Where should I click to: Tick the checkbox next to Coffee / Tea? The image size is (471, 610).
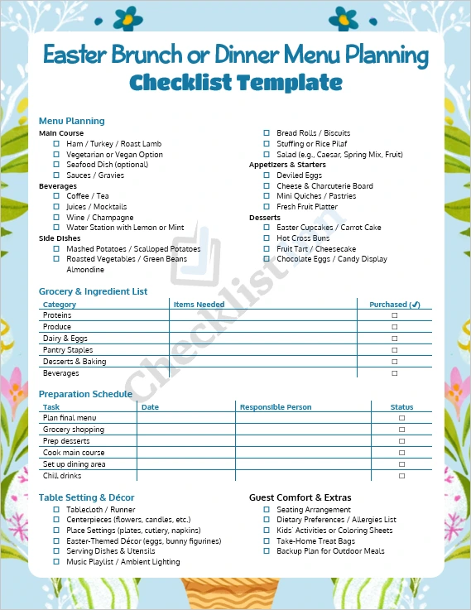click(56, 196)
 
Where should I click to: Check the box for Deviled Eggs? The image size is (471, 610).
click(267, 175)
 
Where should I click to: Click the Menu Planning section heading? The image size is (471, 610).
click(71, 121)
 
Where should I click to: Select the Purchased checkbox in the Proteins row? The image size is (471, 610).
click(395, 315)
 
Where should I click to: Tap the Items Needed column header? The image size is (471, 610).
click(199, 305)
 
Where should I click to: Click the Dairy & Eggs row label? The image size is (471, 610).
click(65, 339)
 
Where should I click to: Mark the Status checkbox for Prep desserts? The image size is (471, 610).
click(402, 441)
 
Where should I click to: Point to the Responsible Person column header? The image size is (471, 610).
click(276, 407)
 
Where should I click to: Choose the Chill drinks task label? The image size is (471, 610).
click(63, 476)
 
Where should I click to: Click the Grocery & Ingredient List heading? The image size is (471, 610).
click(93, 291)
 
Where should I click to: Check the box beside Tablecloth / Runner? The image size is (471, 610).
click(56, 510)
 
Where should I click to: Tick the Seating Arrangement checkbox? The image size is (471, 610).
click(267, 510)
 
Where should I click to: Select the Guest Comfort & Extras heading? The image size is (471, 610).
click(300, 497)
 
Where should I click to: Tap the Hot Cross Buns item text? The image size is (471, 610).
click(303, 238)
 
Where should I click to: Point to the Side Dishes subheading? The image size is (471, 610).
click(59, 238)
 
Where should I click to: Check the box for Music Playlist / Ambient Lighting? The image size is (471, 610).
click(56, 562)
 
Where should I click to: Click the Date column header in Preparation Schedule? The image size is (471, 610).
click(150, 407)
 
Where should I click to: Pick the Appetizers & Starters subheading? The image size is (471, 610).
click(287, 165)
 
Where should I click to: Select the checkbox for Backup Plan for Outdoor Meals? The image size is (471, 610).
click(267, 551)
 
